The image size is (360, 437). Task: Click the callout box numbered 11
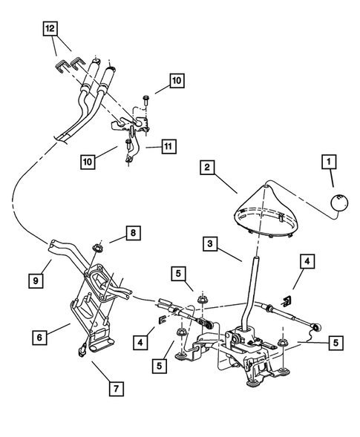pyautogui.click(x=168, y=147)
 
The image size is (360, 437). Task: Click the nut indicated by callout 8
pyautogui.click(x=96, y=246)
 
